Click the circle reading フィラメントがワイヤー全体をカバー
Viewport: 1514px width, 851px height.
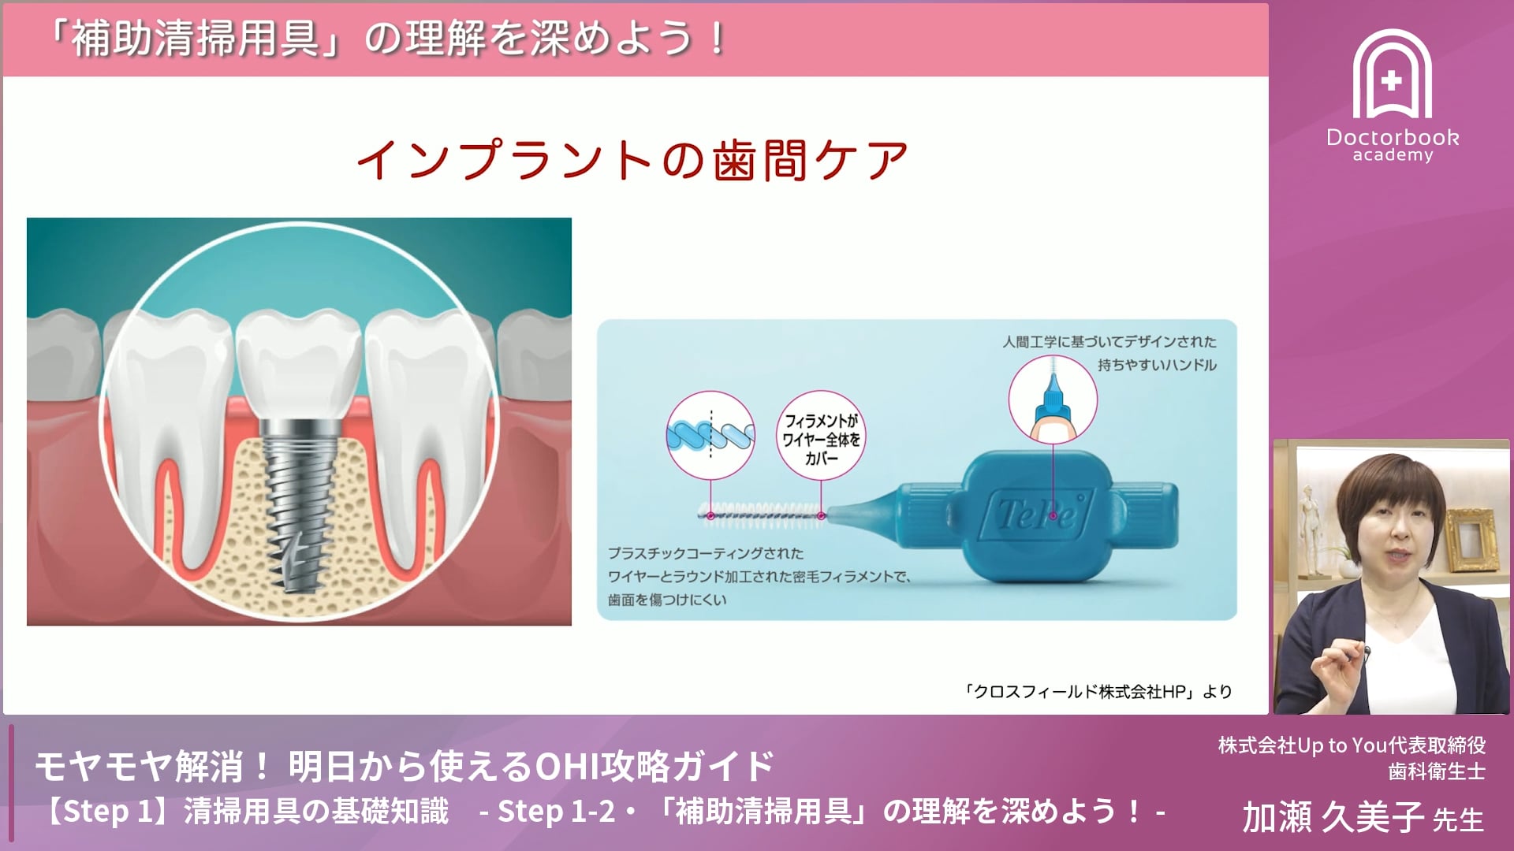(x=821, y=438)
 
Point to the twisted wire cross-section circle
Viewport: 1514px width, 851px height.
(x=710, y=435)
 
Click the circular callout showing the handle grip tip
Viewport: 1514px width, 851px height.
(x=1053, y=399)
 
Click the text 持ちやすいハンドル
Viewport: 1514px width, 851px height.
(x=1157, y=366)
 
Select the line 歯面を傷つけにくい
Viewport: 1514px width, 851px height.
(x=667, y=600)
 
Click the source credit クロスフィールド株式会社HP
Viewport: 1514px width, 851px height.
(x=1098, y=692)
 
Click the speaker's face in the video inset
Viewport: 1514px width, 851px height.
(x=1392, y=536)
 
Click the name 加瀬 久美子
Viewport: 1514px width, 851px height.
(x=1333, y=817)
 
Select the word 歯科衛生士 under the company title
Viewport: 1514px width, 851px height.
(x=1437, y=771)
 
